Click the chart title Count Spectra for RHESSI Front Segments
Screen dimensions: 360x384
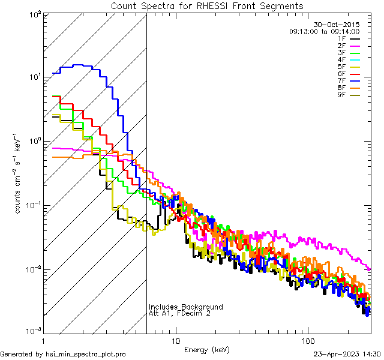(x=207, y=5)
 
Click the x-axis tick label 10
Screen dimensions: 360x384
(x=176, y=340)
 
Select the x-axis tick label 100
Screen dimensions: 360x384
(x=307, y=340)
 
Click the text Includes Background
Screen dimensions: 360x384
(x=186, y=307)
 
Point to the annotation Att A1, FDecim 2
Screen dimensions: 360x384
(x=179, y=313)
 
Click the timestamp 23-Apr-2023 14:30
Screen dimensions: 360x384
(x=347, y=354)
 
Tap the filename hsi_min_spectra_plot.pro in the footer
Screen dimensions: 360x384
(x=86, y=354)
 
